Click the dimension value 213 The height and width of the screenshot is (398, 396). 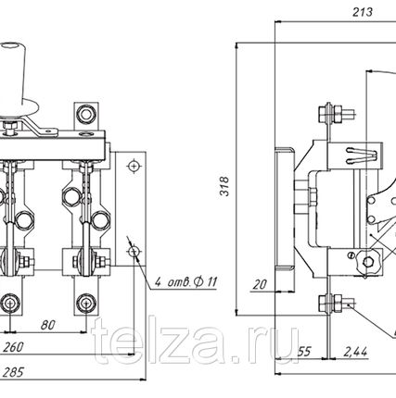pos(363,12)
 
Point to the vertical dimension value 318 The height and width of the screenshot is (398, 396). pos(224,186)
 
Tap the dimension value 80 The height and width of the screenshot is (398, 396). pos(48,325)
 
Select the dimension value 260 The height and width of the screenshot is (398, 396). pos(13,347)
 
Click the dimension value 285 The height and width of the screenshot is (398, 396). pos(13,372)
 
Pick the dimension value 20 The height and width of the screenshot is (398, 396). pos(259,284)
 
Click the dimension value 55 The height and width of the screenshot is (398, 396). pos(303,352)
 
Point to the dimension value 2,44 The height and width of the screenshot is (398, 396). pos(355,352)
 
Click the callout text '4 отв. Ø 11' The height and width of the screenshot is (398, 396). pos(185,282)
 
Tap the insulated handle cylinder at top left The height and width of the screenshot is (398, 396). pos(14,77)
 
